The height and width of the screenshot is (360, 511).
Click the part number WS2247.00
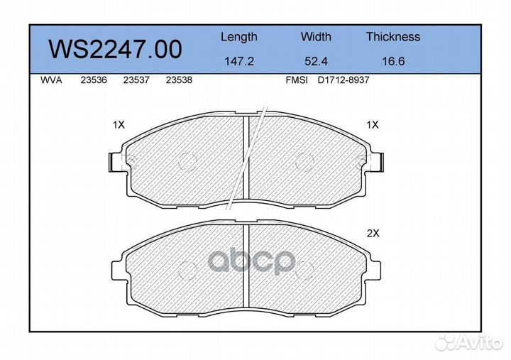click(115, 49)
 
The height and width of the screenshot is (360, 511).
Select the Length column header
click(238, 37)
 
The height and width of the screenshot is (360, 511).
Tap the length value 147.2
click(238, 62)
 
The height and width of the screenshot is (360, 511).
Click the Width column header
click(315, 37)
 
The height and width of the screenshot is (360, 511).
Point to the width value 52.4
click(315, 62)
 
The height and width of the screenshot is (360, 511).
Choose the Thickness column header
click(392, 37)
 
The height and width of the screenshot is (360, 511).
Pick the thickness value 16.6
click(392, 62)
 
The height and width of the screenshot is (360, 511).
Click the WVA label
click(52, 80)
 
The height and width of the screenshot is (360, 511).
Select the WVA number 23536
click(94, 80)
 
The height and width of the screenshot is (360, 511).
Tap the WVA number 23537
click(136, 80)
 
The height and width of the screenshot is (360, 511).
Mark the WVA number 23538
click(178, 80)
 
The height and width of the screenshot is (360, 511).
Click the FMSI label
click(296, 80)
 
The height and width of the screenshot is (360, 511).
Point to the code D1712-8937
click(343, 80)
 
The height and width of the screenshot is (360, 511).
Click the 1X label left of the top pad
click(118, 124)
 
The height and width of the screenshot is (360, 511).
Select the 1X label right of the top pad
click(372, 124)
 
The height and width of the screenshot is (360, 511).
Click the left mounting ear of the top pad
click(114, 162)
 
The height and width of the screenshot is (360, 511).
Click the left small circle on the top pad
click(187, 162)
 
